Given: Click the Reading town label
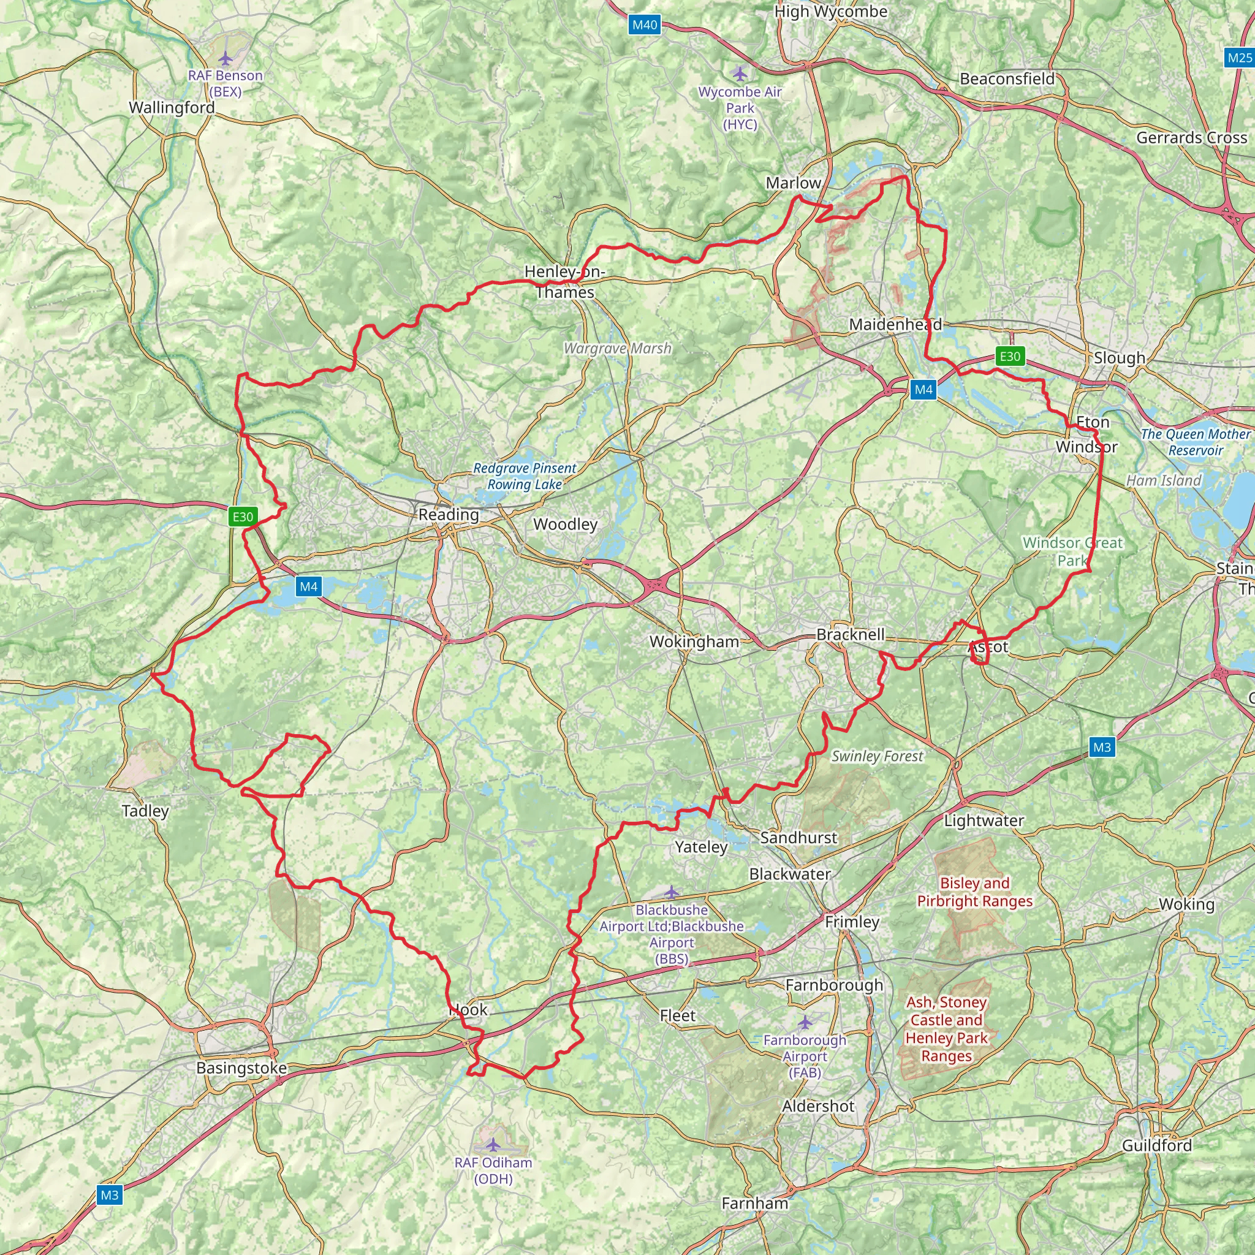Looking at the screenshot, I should pyautogui.click(x=448, y=515).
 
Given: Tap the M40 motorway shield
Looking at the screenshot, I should pyautogui.click(x=645, y=25).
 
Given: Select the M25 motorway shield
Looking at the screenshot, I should pyautogui.click(x=1238, y=58).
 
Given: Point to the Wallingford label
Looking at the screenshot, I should pyautogui.click(x=172, y=107).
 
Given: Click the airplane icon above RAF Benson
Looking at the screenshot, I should pyautogui.click(x=226, y=59).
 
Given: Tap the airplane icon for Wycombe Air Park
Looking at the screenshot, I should pyautogui.click(x=739, y=74).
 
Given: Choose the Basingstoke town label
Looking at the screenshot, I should pyautogui.click(x=241, y=1068).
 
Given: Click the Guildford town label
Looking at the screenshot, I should pyautogui.click(x=1157, y=1145).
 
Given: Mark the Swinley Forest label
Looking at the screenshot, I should pyautogui.click(x=877, y=756).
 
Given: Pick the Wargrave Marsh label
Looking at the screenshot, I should pyautogui.click(x=617, y=348).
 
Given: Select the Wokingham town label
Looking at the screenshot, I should pyautogui.click(x=694, y=642).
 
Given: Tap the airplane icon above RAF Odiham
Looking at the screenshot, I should pyautogui.click(x=494, y=1143).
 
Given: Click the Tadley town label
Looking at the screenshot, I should pyautogui.click(x=145, y=811).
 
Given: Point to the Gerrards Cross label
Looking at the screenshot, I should pyautogui.click(x=1191, y=138).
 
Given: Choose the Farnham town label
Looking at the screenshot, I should pyautogui.click(x=755, y=1204).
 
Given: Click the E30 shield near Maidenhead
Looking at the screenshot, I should pyautogui.click(x=1009, y=356).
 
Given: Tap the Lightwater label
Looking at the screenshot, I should pyautogui.click(x=984, y=821).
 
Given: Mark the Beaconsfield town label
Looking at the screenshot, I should pyautogui.click(x=1007, y=79).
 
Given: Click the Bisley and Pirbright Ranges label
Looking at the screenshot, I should pyautogui.click(x=974, y=892).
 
